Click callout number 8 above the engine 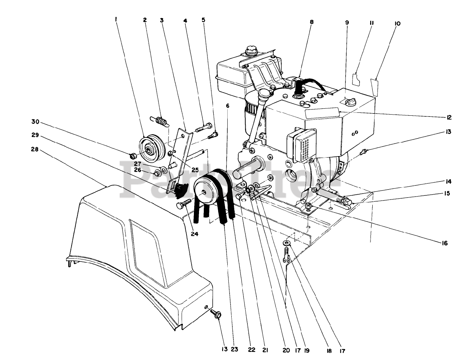click(312, 22)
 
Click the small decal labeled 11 click(355, 79)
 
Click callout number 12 click(449, 118)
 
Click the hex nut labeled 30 click(133, 156)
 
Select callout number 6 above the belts click(228, 105)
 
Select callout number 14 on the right click(449, 182)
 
